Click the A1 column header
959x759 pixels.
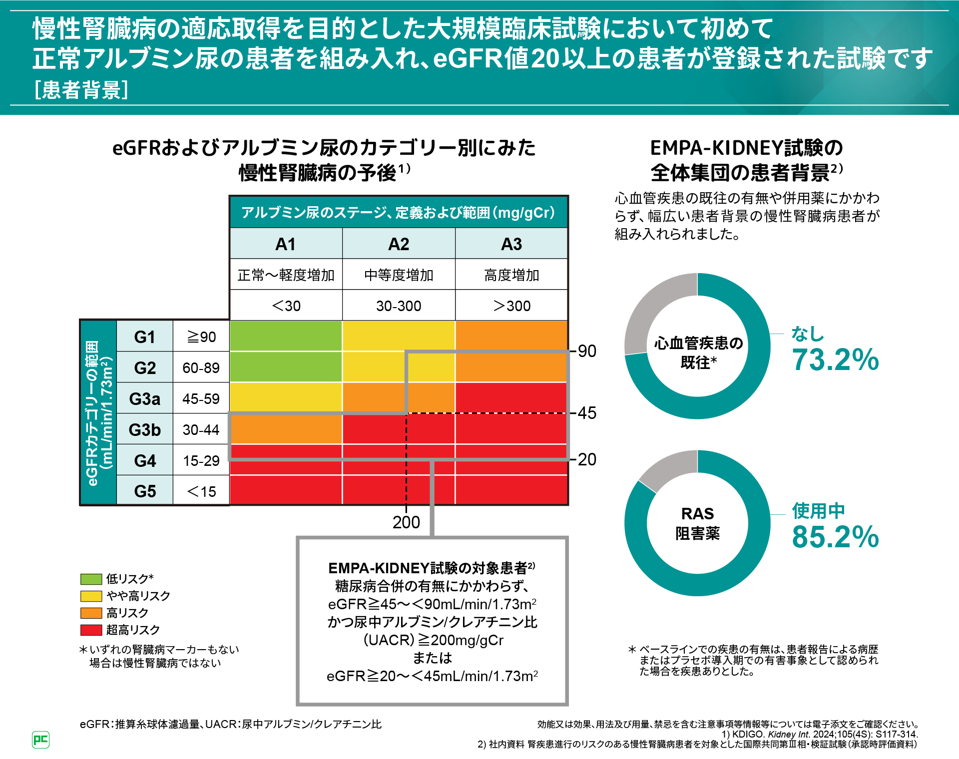point(286,244)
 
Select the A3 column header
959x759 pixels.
point(511,244)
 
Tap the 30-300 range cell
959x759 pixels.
point(399,306)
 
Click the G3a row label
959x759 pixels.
point(145,398)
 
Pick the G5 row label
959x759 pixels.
point(145,491)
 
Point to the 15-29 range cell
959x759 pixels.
point(201,460)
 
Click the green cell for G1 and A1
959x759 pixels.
point(286,336)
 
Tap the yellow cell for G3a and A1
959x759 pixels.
point(286,397)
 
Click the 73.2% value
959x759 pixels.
point(835,360)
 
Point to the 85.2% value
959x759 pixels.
point(835,537)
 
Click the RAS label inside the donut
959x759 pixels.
point(697,514)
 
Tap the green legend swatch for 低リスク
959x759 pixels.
point(91,579)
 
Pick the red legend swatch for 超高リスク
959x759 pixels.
point(91,630)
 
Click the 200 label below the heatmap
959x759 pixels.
point(406,522)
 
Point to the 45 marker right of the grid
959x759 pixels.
point(587,413)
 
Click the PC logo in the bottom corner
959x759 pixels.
point(40,740)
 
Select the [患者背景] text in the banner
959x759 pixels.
point(81,90)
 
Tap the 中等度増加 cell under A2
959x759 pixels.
point(399,275)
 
